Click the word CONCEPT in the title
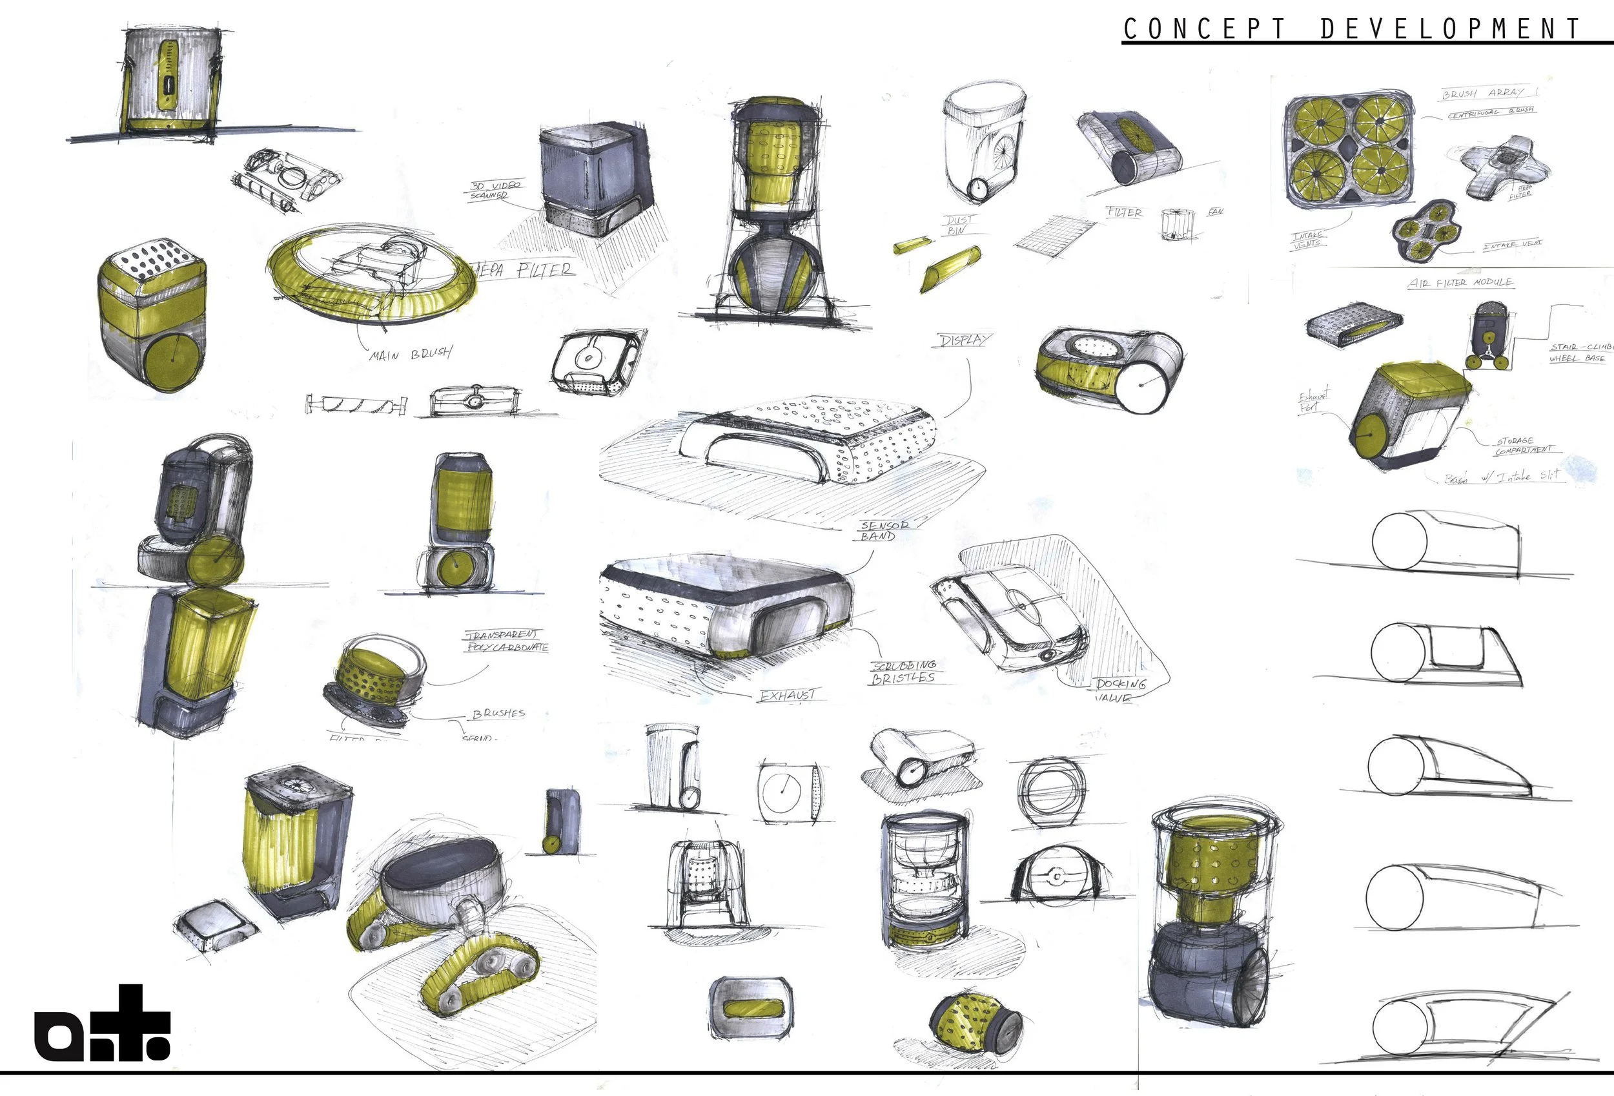click(x=1203, y=29)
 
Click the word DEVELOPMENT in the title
click(x=1450, y=29)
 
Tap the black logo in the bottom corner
click(x=102, y=1025)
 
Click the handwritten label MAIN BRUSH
click(x=411, y=354)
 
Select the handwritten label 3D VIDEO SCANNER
click(x=495, y=191)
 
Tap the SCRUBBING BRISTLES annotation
click(x=904, y=672)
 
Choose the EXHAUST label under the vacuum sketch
click(x=788, y=695)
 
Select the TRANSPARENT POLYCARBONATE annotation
click(x=506, y=641)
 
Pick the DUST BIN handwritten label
click(x=959, y=224)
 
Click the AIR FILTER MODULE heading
click(x=1460, y=283)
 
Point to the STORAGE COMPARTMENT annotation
click(x=1524, y=445)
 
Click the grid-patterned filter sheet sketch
click(x=1046, y=234)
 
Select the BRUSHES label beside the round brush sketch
click(x=498, y=713)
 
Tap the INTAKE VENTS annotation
click(x=1309, y=240)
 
